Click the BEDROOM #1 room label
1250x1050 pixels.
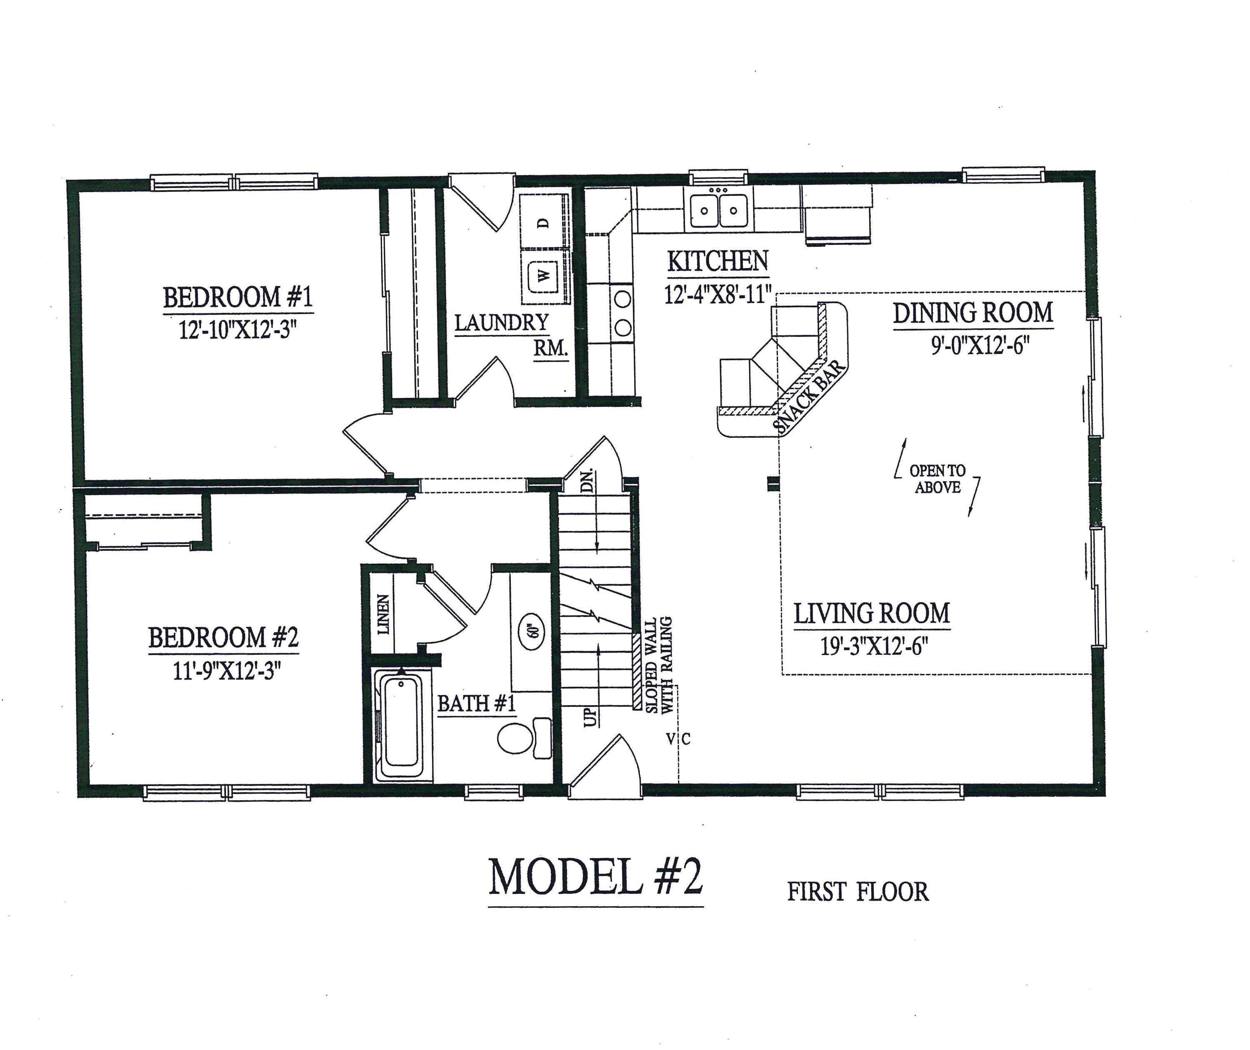click(x=237, y=297)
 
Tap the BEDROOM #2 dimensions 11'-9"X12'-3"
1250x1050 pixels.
click(x=227, y=671)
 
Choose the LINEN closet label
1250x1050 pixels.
click(x=383, y=614)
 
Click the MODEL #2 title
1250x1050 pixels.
click(x=595, y=877)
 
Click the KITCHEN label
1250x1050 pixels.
click(x=717, y=261)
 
